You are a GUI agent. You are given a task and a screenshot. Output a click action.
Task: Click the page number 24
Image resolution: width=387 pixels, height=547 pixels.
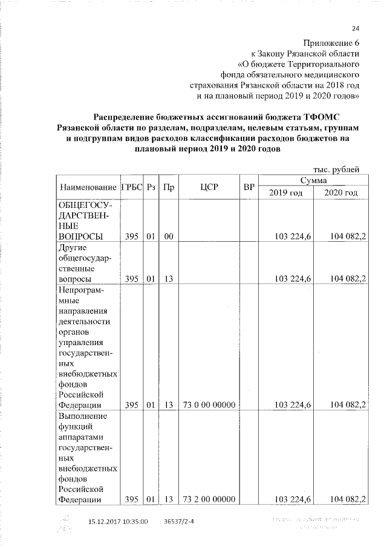355,28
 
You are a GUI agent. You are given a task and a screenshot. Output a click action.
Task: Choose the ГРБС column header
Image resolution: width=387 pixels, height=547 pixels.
132,187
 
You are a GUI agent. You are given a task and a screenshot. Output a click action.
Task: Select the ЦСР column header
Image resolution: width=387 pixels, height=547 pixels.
208,187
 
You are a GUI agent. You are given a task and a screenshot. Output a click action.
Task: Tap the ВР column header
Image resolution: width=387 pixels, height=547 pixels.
248,187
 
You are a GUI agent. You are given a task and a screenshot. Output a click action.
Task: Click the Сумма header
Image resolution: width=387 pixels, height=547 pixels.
313,180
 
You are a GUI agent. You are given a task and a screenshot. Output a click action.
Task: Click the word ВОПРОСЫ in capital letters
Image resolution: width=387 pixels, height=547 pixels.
79,236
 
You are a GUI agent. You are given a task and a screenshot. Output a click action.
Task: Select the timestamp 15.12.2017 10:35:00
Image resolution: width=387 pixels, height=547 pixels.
118,520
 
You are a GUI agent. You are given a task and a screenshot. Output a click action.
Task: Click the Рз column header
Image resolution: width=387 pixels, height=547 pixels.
151,187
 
